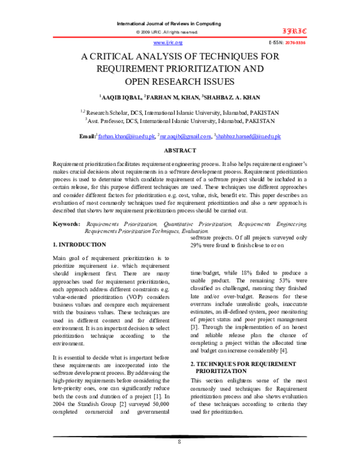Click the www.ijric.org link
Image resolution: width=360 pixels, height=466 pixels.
[168, 43]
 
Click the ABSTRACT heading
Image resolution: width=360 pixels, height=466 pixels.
[180, 150]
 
